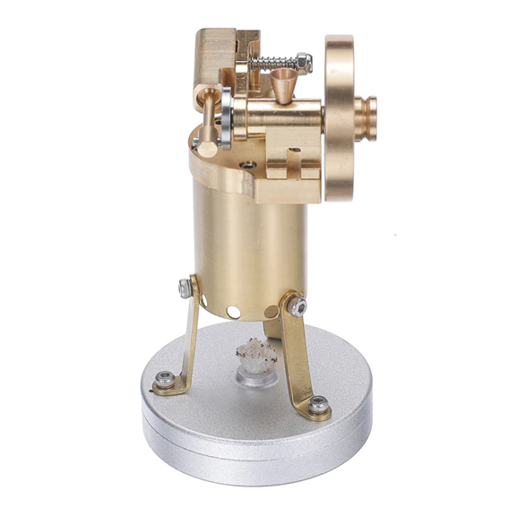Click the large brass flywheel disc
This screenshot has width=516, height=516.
click(340, 116)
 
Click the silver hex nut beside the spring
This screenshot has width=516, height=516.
click(305, 62)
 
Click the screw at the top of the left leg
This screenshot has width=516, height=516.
click(185, 288)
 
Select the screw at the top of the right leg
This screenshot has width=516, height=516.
click(299, 307)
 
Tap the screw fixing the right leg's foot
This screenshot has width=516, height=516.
click(319, 408)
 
